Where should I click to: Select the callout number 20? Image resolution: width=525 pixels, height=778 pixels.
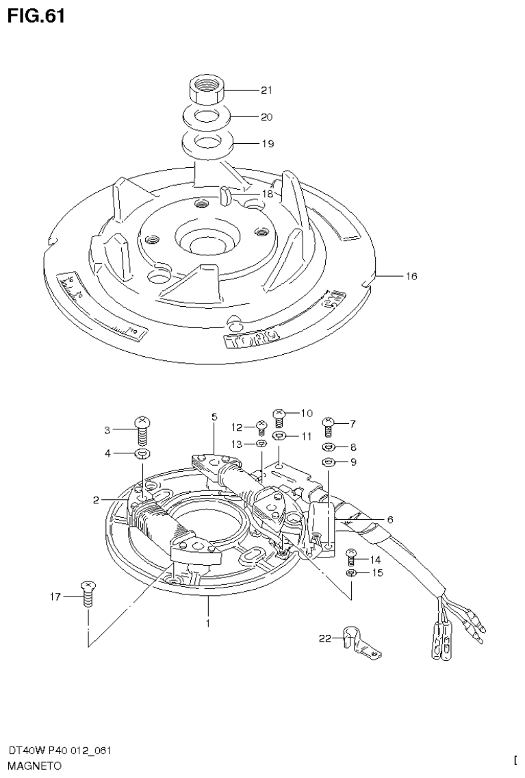point(266,116)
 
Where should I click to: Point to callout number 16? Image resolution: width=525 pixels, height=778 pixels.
point(411,277)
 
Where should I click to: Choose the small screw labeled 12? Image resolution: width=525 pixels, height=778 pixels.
point(261,428)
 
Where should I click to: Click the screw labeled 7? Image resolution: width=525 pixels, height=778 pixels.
point(328,426)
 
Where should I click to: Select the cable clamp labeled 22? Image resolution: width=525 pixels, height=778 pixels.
point(357,644)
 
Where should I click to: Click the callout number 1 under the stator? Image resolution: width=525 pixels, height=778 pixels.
point(207,623)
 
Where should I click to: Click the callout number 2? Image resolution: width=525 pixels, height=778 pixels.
point(97,501)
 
